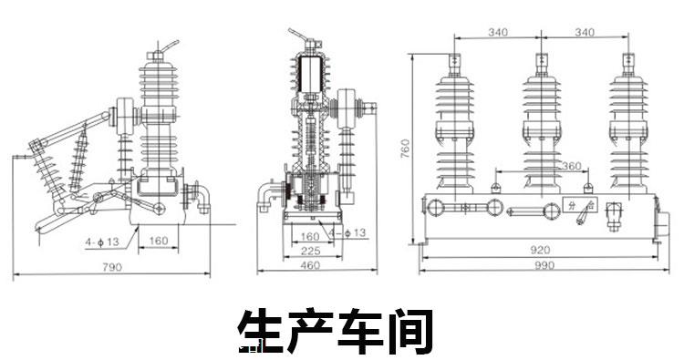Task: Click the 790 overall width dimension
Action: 112,267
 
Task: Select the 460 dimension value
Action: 310,264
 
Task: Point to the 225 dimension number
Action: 310,251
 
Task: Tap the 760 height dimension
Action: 405,149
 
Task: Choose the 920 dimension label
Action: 541,250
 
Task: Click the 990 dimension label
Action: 544,265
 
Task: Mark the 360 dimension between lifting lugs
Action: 571,166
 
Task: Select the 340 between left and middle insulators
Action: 498,32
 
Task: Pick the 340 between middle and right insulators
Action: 585,32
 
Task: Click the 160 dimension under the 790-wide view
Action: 159,240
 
